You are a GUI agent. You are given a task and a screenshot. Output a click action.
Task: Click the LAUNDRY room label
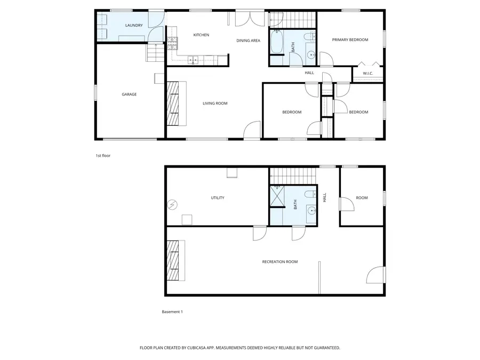pos(134,26)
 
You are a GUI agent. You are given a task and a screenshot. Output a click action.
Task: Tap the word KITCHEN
pos(201,35)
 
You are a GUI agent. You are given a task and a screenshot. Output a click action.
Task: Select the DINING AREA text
pos(248,41)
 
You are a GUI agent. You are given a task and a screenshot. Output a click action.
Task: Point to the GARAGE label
pos(129,94)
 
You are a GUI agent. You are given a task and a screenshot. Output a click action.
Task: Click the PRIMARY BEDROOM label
pos(350,40)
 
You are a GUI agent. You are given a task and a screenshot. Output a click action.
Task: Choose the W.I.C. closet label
pos(367,73)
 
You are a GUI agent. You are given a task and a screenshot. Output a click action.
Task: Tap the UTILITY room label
pos(218,198)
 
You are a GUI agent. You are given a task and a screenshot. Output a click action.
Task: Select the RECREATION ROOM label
pos(279,262)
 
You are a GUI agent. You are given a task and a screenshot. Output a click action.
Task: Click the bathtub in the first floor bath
pos(277,43)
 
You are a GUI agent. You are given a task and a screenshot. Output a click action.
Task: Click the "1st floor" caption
pos(102,156)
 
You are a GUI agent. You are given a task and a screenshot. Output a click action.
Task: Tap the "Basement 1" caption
pos(172,312)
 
